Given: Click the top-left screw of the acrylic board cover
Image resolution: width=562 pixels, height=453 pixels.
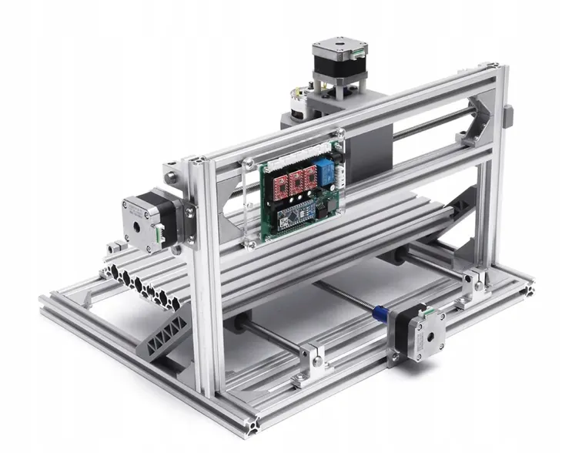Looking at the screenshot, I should [x=249, y=163].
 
